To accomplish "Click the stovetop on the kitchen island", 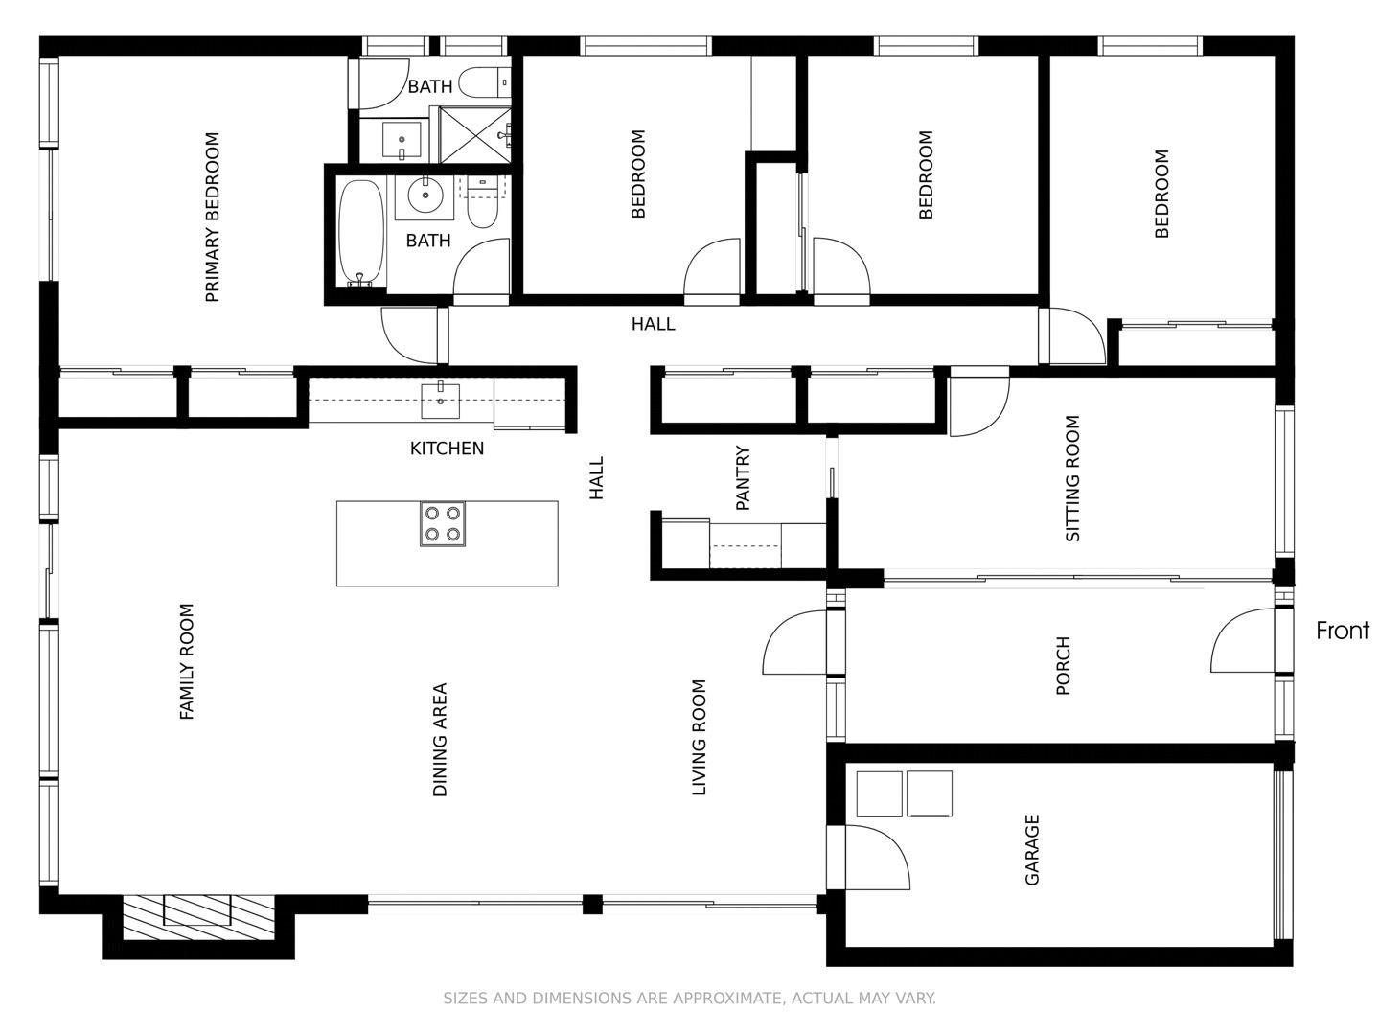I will pos(442,524).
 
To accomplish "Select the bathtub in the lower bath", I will pos(361,233).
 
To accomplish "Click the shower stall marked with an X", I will pos(474,135).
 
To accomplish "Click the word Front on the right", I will pos(1342,631).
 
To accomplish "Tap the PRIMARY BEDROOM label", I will pos(213,218).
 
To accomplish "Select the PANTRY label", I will pos(743,477).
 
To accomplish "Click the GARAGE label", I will pos(1032,850).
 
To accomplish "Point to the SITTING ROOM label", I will pos(1072,478).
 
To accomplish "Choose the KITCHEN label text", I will pos(447,448).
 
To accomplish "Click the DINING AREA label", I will pos(440,739).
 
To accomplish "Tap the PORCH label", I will pos(1062,665).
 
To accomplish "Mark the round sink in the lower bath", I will pos(424,196).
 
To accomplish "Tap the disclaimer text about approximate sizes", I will pos(689,999).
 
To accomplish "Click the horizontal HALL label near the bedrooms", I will pos(653,325).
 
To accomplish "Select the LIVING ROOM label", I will pos(699,738).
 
